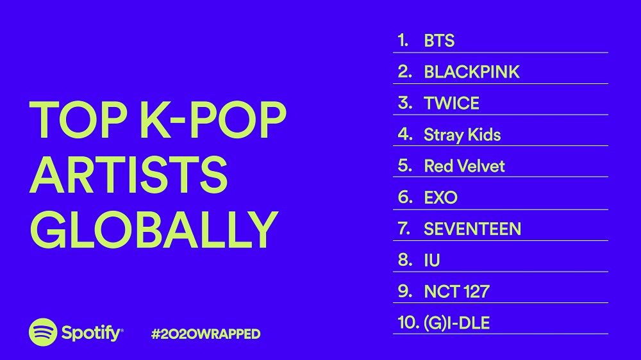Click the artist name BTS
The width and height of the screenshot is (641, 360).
click(x=439, y=41)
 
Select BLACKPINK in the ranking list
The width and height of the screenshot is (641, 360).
click(x=472, y=72)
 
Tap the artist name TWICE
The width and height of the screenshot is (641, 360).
click(x=452, y=104)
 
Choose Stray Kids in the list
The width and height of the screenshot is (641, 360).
click(x=462, y=135)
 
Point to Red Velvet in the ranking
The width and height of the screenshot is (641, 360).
click(x=464, y=167)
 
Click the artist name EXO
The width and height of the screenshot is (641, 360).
click(x=441, y=198)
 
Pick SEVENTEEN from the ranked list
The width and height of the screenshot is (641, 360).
click(x=472, y=229)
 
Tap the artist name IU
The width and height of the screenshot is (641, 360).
click(x=432, y=260)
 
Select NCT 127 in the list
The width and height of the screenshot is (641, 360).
click(x=456, y=291)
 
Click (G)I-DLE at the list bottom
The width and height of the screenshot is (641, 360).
click(x=456, y=323)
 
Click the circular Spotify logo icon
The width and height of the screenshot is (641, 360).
click(x=43, y=333)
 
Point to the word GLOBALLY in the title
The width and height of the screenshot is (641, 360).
click(x=153, y=228)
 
